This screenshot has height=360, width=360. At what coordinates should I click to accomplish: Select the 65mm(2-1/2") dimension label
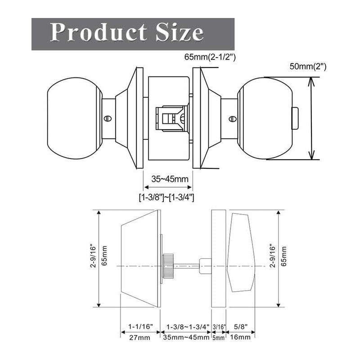click(210, 58)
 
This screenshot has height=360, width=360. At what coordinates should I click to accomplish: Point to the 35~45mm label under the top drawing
click(169, 179)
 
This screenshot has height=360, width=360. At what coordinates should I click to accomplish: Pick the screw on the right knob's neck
click(232, 119)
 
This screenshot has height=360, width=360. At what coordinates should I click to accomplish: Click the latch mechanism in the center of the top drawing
click(171, 118)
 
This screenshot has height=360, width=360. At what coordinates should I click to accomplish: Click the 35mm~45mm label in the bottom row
click(186, 337)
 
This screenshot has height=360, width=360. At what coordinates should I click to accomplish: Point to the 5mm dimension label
click(218, 337)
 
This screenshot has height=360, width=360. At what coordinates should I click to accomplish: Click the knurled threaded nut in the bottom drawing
click(168, 266)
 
